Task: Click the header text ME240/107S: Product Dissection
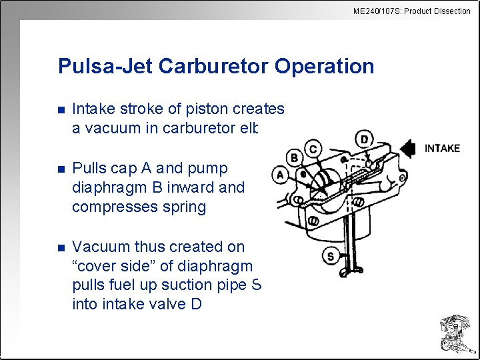pyautogui.click(x=411, y=11)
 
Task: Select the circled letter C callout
pyautogui.click(x=313, y=148)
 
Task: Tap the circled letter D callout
pyautogui.click(x=364, y=139)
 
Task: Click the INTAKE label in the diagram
pyautogui.click(x=442, y=148)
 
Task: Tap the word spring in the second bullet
pyautogui.click(x=187, y=207)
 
